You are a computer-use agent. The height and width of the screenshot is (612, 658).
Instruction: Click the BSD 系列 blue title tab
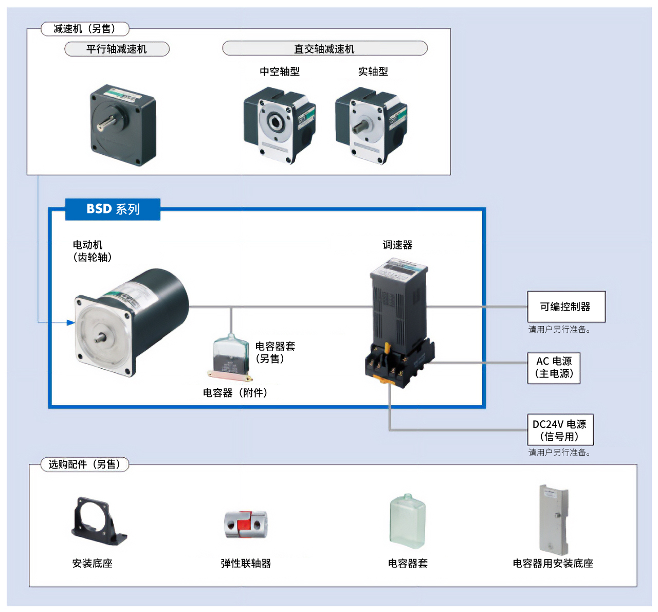pos(113,209)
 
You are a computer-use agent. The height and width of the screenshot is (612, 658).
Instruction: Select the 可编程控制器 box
pos(566,307)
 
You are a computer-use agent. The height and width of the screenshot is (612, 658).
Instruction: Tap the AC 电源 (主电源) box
pos(554,368)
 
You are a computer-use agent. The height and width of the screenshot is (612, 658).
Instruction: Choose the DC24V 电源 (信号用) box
pos(560,430)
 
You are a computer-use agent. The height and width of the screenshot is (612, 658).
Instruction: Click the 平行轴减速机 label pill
pos(117,49)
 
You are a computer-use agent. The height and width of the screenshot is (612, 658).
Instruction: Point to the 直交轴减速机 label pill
pos(324,49)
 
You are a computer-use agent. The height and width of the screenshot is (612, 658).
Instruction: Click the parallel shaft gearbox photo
pos(122,125)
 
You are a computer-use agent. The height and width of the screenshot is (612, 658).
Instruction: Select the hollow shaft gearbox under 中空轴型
pos(279,125)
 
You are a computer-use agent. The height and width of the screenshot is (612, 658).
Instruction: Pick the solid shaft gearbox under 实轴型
pos(370,125)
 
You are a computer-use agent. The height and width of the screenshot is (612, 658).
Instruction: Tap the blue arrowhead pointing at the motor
pos(71,322)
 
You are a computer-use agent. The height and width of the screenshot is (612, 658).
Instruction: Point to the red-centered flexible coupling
pos(246,524)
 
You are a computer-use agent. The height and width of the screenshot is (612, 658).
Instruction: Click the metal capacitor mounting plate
pos(553,519)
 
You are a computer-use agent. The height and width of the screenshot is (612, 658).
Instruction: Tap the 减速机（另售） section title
pos(85,29)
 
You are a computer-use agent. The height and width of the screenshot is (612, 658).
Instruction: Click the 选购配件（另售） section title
pos(85,464)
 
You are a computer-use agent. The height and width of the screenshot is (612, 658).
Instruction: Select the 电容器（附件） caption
pos(235,393)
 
